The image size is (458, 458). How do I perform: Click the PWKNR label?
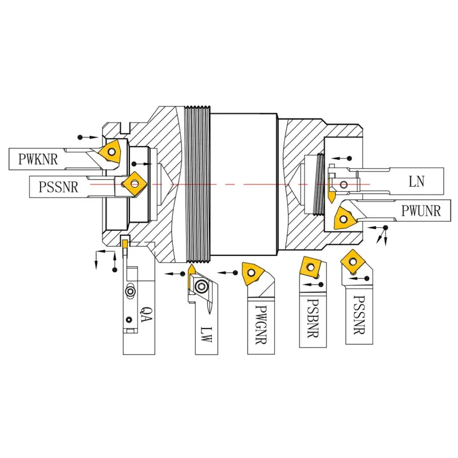pyautogui.click(x=38, y=159)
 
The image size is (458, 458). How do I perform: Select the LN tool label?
pyautogui.click(x=416, y=182)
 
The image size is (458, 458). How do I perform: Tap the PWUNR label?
pyautogui.click(x=421, y=212)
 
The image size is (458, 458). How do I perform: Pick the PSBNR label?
pyautogui.click(x=312, y=318)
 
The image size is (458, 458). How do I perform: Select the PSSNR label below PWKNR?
pyautogui.click(x=58, y=187)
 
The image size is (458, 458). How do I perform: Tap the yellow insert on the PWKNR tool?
pyautogui.click(x=109, y=152)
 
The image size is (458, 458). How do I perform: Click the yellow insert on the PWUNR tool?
pyautogui.click(x=345, y=217)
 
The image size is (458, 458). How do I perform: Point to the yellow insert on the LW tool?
pyautogui.click(x=191, y=270)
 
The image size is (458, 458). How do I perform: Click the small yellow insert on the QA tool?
pyautogui.click(x=124, y=244)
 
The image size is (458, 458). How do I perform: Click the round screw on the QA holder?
pyautogui.click(x=131, y=291)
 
